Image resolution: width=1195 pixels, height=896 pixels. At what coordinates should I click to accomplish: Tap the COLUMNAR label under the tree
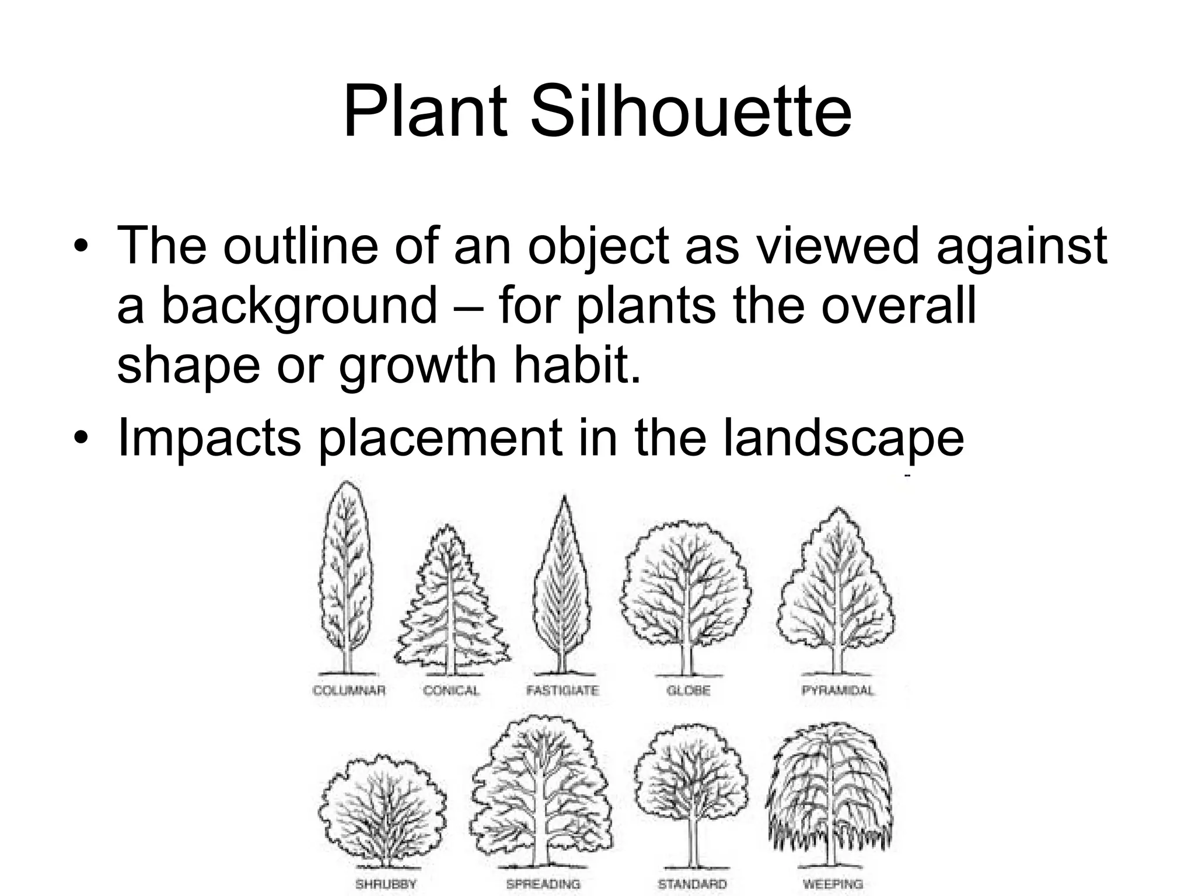pos(350,691)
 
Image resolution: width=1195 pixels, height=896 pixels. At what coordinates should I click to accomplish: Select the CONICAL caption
pos(452,691)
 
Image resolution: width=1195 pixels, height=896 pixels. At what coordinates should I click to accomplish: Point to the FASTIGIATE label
pos(562,691)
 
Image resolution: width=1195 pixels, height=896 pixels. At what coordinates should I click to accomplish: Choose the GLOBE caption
pos(689,691)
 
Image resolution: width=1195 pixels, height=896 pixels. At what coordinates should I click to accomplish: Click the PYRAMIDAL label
pos(838,691)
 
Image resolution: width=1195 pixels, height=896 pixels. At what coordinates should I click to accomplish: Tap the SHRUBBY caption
pos(386,884)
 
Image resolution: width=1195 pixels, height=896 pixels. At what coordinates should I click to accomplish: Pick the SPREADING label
pos(543,884)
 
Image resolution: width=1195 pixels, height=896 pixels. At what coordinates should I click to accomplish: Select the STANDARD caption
pos(692,884)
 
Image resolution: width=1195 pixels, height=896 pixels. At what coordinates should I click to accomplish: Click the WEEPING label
pos(833,884)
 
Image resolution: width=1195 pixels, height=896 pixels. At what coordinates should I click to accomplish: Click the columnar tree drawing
pos(347,577)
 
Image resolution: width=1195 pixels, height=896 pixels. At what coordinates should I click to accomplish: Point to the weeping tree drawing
pos(830,799)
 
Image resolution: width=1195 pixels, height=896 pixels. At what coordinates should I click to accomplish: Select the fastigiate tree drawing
pos(562,589)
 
